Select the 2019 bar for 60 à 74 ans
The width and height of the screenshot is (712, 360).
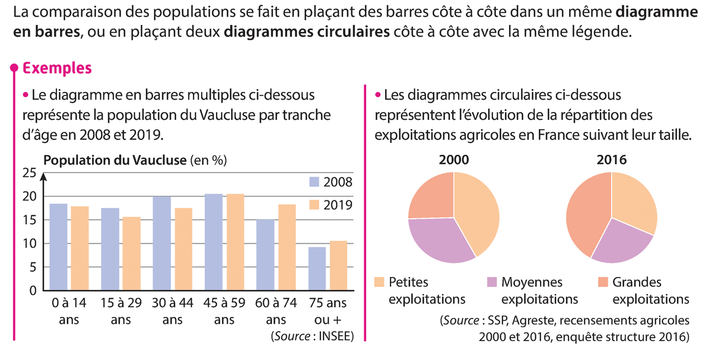click(x=287, y=247)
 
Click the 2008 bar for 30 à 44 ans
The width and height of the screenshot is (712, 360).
click(x=161, y=243)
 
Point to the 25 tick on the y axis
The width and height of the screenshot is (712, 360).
click(x=29, y=173)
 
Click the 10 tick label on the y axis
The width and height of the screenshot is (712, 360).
click(x=29, y=244)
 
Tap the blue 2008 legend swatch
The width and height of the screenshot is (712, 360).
click(x=314, y=181)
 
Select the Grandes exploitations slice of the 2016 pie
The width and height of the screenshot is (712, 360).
click(x=584, y=214)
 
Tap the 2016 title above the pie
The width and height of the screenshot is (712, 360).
click(x=612, y=160)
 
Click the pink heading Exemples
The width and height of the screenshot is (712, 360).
click(x=57, y=68)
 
